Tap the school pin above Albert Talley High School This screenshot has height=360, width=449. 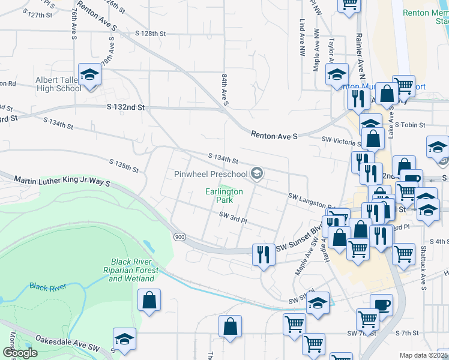coord(89,74)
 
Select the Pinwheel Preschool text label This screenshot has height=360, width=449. coord(211,174)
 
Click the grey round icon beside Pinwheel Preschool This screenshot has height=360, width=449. coord(257,174)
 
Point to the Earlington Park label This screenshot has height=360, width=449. coord(224,196)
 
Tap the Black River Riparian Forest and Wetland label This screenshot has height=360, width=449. coord(134,270)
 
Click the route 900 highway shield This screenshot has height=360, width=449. coord(179,236)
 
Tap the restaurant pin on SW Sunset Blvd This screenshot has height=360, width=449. coord(262,254)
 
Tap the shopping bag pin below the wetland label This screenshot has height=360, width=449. coord(149,300)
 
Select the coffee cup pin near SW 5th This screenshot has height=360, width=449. coord(381,305)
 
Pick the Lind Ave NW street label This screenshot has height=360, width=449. coord(302,38)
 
